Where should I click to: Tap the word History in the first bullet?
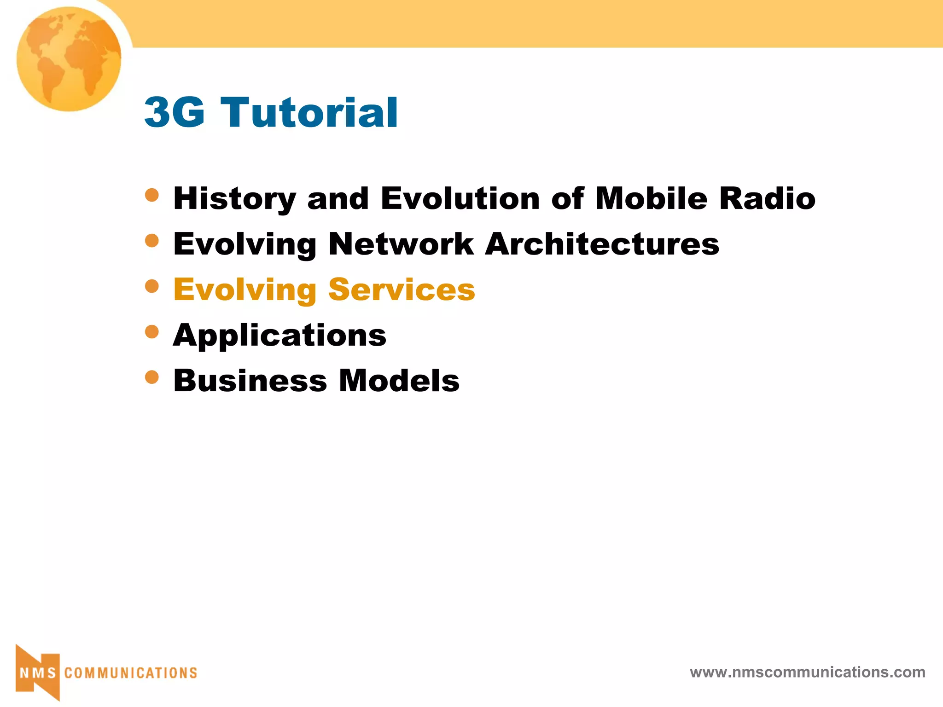234,199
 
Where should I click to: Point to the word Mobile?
651,199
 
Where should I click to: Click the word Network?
401,244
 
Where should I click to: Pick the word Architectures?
602,244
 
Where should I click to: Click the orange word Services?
402,290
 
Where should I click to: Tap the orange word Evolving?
244,290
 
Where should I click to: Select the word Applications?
279,336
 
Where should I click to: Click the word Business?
250,381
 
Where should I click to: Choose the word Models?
399,381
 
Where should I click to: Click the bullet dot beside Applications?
151,331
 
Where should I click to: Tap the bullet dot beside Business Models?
151,377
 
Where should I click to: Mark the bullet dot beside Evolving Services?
151,286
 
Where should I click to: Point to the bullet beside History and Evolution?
151,195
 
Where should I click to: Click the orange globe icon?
69,59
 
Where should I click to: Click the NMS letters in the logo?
38,673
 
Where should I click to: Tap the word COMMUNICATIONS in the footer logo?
131,673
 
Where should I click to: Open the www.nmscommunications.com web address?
807,672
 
